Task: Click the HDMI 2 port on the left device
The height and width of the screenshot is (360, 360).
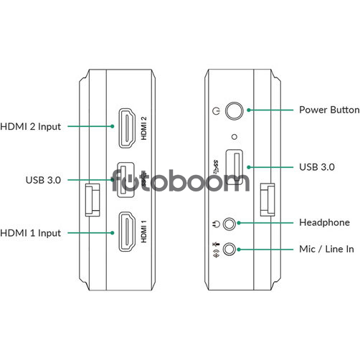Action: (x=127, y=128)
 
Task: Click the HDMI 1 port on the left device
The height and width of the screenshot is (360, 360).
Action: (x=127, y=232)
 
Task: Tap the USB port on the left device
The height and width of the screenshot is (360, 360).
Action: (x=125, y=180)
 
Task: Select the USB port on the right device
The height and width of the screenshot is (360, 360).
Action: (x=235, y=167)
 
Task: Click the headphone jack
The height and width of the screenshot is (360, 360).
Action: (x=229, y=224)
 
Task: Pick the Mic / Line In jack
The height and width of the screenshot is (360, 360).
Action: (x=229, y=250)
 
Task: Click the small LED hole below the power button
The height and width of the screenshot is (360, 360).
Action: (x=235, y=137)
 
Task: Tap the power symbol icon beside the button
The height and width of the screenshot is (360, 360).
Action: (x=216, y=110)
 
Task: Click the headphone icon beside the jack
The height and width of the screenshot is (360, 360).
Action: (x=216, y=224)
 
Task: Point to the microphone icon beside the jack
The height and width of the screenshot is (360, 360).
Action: (x=216, y=244)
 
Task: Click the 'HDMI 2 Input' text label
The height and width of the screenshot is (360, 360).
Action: (x=31, y=127)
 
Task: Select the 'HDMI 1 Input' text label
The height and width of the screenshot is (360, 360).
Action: (x=31, y=233)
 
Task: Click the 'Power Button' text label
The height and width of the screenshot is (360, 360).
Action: (x=329, y=110)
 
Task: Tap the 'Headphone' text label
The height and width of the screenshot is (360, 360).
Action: (x=324, y=222)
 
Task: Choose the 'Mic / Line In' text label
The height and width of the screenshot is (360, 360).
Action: (x=326, y=249)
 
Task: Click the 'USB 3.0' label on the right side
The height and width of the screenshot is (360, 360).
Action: (x=317, y=167)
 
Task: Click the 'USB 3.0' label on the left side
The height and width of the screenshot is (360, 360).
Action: (x=43, y=180)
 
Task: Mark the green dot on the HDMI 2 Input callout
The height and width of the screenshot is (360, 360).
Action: (x=112, y=126)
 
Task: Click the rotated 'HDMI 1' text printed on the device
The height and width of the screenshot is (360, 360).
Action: (x=143, y=232)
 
